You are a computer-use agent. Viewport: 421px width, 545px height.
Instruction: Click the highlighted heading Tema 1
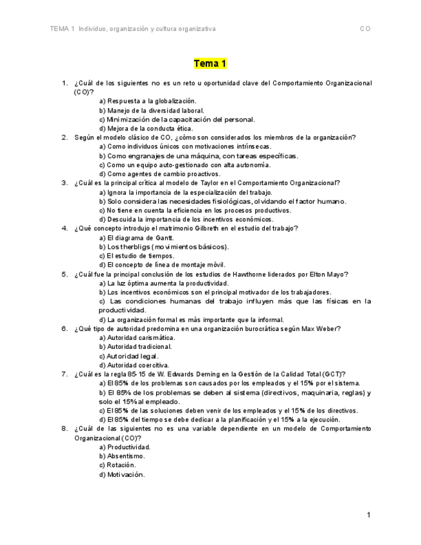[210, 64]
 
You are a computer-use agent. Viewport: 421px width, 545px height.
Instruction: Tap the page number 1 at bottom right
[368, 515]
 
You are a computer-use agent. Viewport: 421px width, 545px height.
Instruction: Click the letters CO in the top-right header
[365, 29]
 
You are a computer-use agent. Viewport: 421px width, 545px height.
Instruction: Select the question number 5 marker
[65, 274]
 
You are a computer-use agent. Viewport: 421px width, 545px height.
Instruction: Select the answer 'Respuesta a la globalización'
[148, 101]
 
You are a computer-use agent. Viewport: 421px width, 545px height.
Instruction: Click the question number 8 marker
[65, 428]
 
